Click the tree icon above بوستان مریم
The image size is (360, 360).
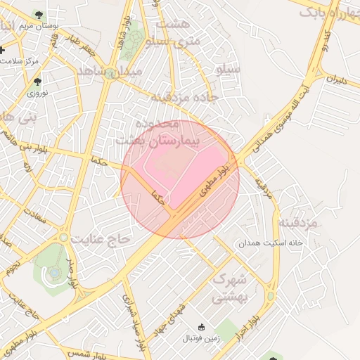pyautogui.click(x=38, y=15)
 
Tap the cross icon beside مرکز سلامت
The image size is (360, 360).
pyautogui.click(x=4, y=51)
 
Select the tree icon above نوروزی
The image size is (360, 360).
pyautogui.click(x=37, y=82)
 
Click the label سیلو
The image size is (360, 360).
pyautogui.click(x=229, y=70)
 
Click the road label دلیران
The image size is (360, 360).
pyautogui.click(x=336, y=80)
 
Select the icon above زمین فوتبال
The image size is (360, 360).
pyautogui.click(x=202, y=326)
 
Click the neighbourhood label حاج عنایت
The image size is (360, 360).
pyautogui.click(x=105, y=239)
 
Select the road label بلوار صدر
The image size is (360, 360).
pyautogui.click(x=70, y=275)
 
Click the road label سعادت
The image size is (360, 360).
pyautogui.click(x=33, y=216)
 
